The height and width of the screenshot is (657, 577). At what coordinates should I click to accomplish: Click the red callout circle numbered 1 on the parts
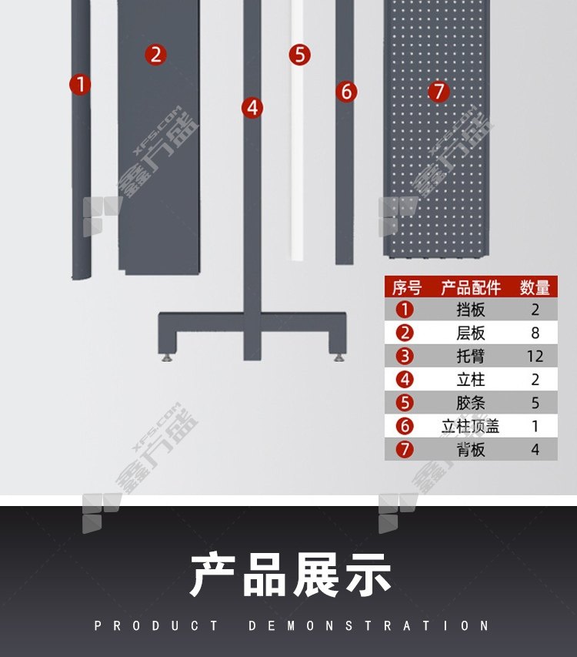click(x=80, y=84)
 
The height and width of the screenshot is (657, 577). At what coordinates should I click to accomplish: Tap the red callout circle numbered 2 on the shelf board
click(x=155, y=55)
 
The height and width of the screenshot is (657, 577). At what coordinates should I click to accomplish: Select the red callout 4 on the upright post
click(x=252, y=108)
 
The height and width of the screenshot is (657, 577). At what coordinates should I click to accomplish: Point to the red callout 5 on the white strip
click(x=299, y=55)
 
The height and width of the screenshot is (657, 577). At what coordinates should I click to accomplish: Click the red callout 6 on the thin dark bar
click(x=346, y=92)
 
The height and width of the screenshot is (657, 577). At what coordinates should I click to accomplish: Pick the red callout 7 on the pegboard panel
click(x=439, y=92)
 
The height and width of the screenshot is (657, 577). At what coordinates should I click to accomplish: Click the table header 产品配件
click(x=471, y=287)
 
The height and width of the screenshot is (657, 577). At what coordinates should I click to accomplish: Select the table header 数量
click(x=535, y=287)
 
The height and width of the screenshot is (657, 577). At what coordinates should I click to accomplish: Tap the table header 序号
click(x=406, y=287)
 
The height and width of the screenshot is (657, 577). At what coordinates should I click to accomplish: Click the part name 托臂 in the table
click(x=471, y=356)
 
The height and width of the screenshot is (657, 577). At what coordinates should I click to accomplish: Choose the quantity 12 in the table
click(x=535, y=356)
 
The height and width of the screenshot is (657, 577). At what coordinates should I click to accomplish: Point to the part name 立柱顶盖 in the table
click(x=471, y=426)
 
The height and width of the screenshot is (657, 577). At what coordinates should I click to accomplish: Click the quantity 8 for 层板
click(x=535, y=333)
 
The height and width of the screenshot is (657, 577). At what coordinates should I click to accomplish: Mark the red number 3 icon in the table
click(x=405, y=356)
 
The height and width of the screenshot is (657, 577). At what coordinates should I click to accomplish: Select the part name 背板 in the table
click(x=471, y=450)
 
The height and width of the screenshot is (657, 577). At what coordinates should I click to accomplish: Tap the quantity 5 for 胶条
click(x=535, y=403)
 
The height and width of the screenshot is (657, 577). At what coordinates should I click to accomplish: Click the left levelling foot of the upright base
click(x=168, y=358)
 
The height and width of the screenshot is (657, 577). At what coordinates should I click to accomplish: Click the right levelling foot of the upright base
click(x=339, y=358)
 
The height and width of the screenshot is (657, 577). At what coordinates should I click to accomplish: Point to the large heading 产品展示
click(x=290, y=575)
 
